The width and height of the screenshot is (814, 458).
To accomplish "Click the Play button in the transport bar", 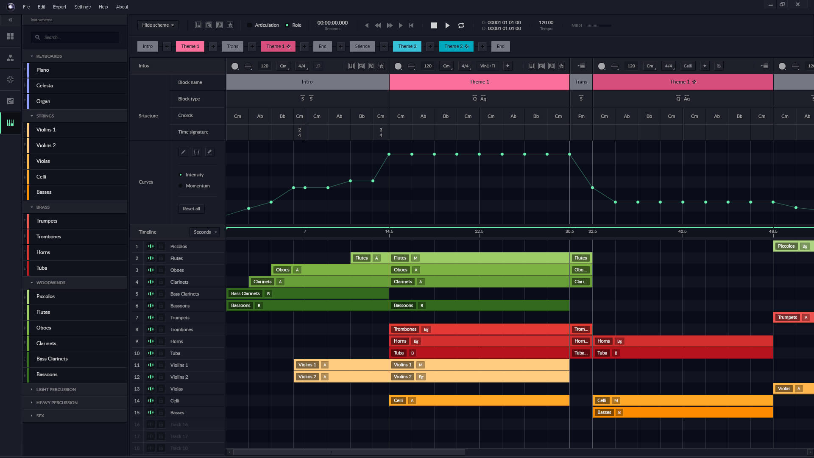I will point(447,25).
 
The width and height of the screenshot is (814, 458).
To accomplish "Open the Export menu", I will point(59,7).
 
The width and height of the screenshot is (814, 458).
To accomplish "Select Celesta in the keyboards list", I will point(45,86).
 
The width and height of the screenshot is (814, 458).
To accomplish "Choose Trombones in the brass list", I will point(49,237).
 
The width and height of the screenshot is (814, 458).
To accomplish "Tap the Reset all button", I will point(191,209).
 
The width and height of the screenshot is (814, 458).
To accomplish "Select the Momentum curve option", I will point(197,186).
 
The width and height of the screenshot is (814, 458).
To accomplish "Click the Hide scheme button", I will point(158,25).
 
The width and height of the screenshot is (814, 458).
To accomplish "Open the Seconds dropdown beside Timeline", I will point(205,232).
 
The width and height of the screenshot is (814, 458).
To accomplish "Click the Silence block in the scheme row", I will point(362,46).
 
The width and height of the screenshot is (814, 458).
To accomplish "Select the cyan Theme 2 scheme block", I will point(407,46).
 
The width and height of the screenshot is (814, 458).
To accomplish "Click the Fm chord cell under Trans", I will point(581,116).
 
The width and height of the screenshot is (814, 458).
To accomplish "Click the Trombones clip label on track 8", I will point(405,329).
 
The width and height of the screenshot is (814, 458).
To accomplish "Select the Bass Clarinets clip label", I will point(245,293).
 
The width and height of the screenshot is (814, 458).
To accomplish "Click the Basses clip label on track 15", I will point(604,412).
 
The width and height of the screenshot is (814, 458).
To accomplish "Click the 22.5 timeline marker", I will point(479,232).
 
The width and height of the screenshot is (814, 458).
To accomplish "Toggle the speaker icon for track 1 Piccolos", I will point(151,246).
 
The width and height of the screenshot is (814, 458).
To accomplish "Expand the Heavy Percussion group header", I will point(57,402).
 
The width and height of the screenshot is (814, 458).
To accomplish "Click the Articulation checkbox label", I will point(267,25).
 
